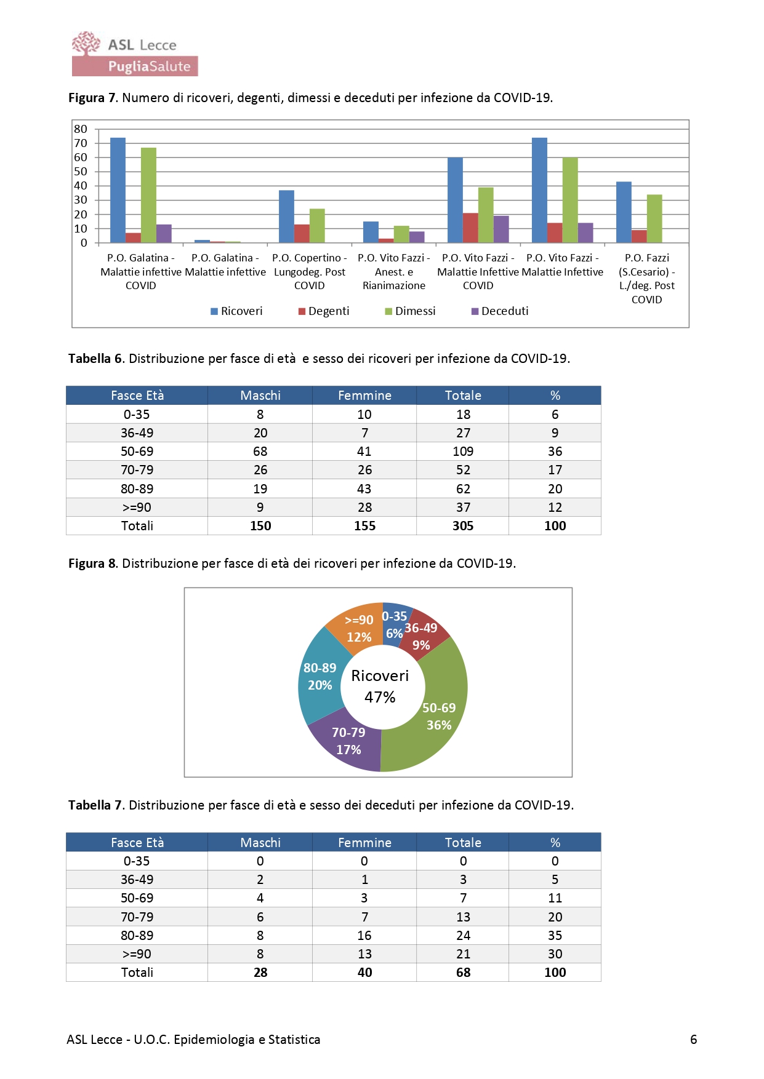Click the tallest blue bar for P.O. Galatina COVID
point(118,190)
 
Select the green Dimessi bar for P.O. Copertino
point(317,226)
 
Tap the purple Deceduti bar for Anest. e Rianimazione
point(417,237)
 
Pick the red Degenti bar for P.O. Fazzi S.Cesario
point(639,236)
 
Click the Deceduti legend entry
point(500,311)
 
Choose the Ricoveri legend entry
point(236,311)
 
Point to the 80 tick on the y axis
point(81,129)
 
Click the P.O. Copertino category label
point(310,271)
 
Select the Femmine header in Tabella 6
point(364,396)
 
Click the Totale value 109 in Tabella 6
point(463,452)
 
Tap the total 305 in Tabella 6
point(463,526)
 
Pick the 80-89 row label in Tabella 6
point(137,489)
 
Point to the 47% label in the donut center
point(380,697)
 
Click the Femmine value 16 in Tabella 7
point(364,936)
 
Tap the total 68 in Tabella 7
point(463,973)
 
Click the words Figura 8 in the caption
point(92,563)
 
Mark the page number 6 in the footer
point(694,1040)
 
